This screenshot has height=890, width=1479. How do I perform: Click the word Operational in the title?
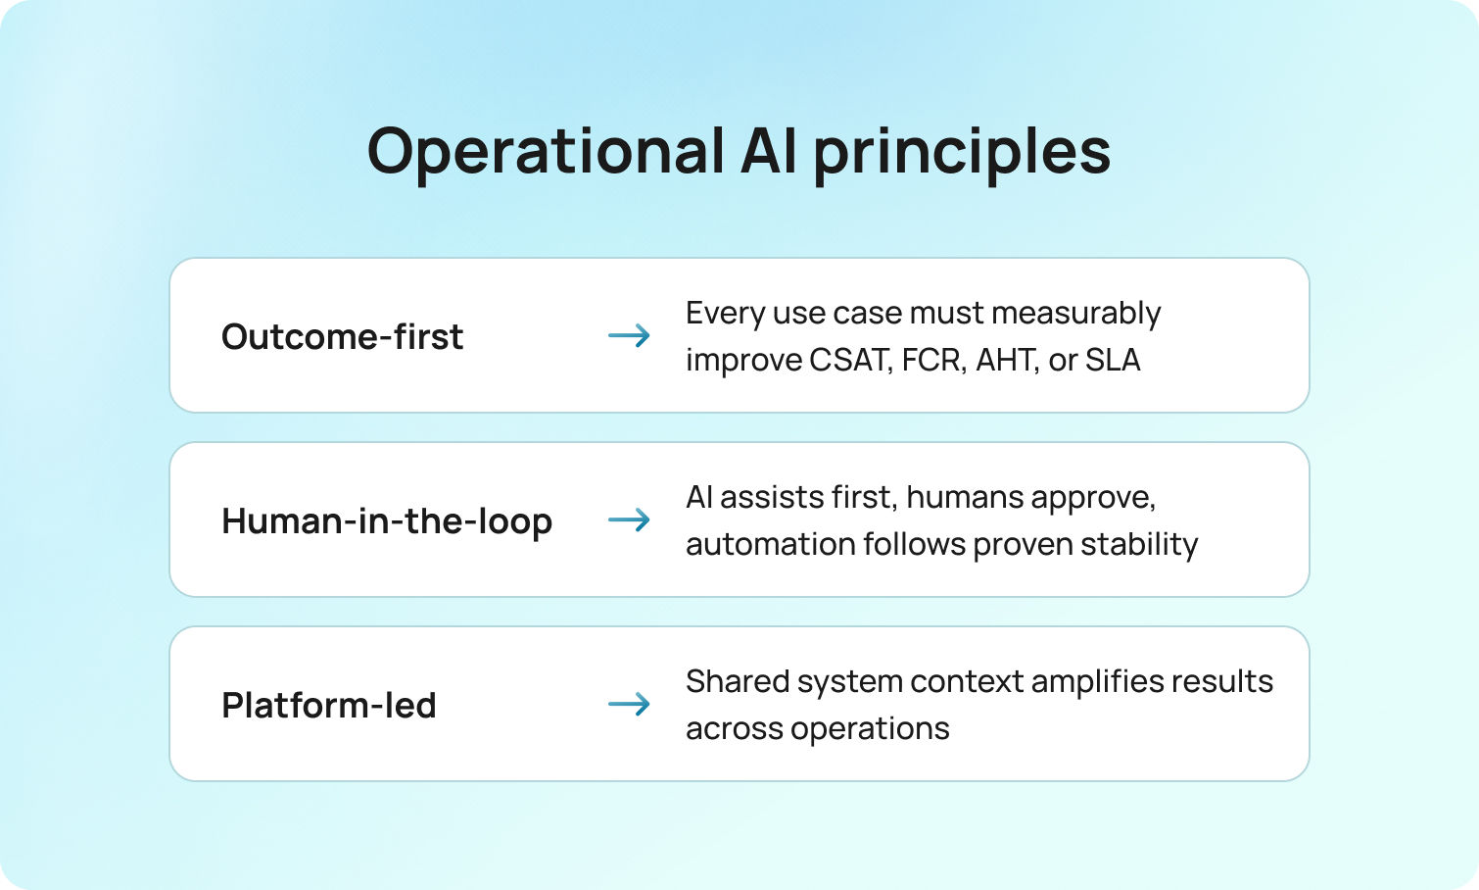[x=546, y=152]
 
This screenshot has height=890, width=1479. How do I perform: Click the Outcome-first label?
[x=342, y=336]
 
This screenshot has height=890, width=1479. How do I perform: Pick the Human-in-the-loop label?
[x=387, y=520]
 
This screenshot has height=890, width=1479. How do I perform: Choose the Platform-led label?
[x=329, y=705]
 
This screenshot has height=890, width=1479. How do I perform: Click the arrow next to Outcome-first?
[x=629, y=336]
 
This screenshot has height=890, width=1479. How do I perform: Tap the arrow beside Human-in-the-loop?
[x=629, y=519]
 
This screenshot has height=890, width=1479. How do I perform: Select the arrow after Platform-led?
[x=629, y=704]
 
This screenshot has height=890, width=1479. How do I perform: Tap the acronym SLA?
[x=1112, y=360]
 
